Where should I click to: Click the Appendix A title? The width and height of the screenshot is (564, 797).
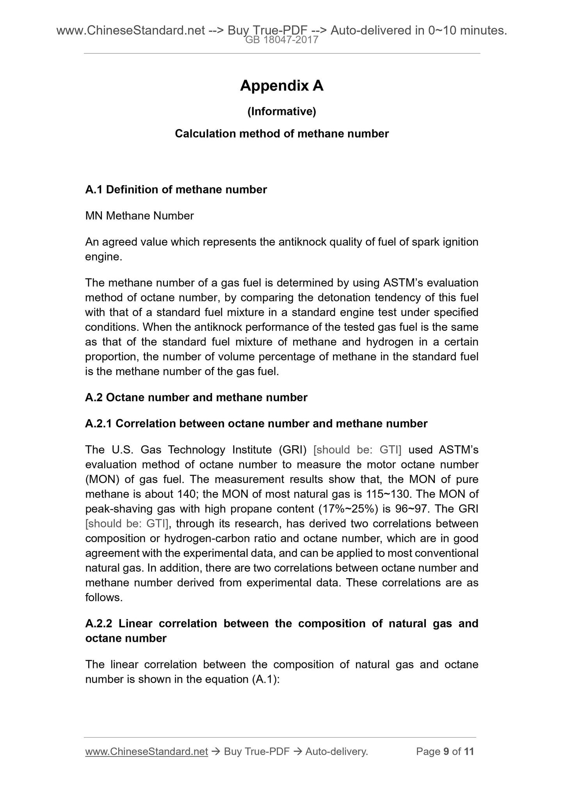[x=281, y=86]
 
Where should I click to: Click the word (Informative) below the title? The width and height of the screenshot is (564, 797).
[x=281, y=112]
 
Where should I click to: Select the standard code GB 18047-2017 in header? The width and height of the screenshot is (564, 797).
[x=281, y=40]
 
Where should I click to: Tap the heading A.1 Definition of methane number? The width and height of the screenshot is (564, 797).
[x=176, y=190]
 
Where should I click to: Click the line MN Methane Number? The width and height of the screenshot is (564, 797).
[x=139, y=216]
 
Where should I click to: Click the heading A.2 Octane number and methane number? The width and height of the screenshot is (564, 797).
[x=196, y=398]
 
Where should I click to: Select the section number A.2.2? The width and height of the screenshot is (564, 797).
[x=99, y=623]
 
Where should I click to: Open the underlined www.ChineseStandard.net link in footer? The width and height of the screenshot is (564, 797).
[x=146, y=751]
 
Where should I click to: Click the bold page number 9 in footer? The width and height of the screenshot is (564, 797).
[x=447, y=751]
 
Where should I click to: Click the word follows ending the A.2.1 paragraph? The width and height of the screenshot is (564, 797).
[x=104, y=598]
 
